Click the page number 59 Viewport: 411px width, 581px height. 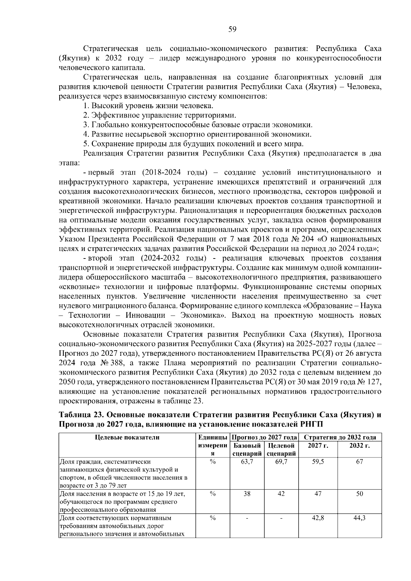click(232, 29)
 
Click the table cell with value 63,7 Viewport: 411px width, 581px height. click(247, 462)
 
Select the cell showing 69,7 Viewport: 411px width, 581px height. click(281, 462)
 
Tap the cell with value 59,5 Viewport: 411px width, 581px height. click(318, 462)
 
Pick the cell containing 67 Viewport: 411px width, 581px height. click(359, 462)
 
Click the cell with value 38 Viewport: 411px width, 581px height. click(247, 494)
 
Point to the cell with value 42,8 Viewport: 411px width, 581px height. click(318, 518)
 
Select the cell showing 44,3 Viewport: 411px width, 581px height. click(359, 518)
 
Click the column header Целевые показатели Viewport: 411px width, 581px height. click(127, 437)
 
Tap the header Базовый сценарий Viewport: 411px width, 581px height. click(247, 450)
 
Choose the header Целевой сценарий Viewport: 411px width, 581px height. click(281, 450)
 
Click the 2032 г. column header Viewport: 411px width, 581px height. click(359, 446)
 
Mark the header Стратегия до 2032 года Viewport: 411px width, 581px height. click(340, 437)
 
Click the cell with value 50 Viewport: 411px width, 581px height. click(359, 494)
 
